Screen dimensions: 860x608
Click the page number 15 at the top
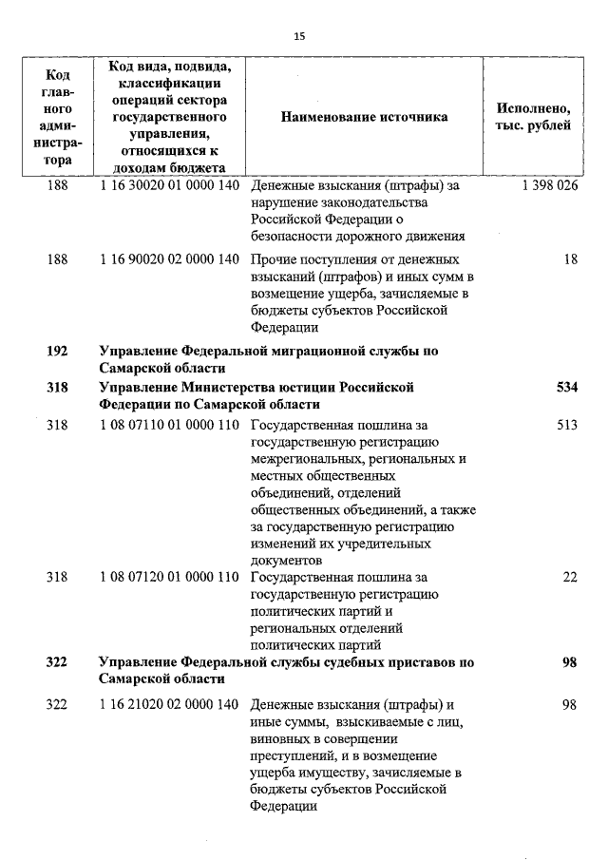[299, 36]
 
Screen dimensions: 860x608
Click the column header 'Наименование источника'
[364, 117]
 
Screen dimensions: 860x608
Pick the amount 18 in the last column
[570, 259]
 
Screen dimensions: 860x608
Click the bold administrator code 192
[57, 351]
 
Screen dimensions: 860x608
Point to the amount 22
[570, 577]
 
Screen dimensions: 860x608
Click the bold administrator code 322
[57, 661]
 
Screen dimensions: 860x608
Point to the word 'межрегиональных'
[303, 459]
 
